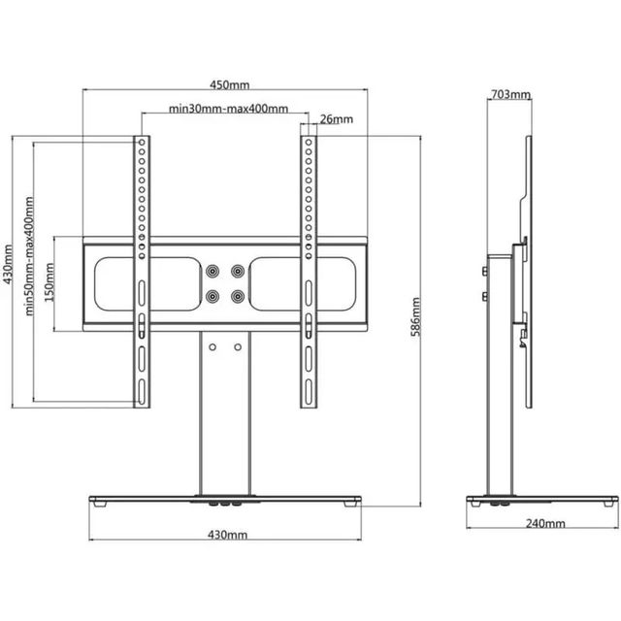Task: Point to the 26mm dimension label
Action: click(x=335, y=119)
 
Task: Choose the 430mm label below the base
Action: click(x=225, y=535)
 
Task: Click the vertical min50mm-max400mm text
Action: click(x=29, y=256)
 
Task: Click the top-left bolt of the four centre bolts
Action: click(x=213, y=270)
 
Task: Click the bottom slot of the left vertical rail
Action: click(x=142, y=392)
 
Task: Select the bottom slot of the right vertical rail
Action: click(x=310, y=392)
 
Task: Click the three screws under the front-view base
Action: click(x=224, y=505)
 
